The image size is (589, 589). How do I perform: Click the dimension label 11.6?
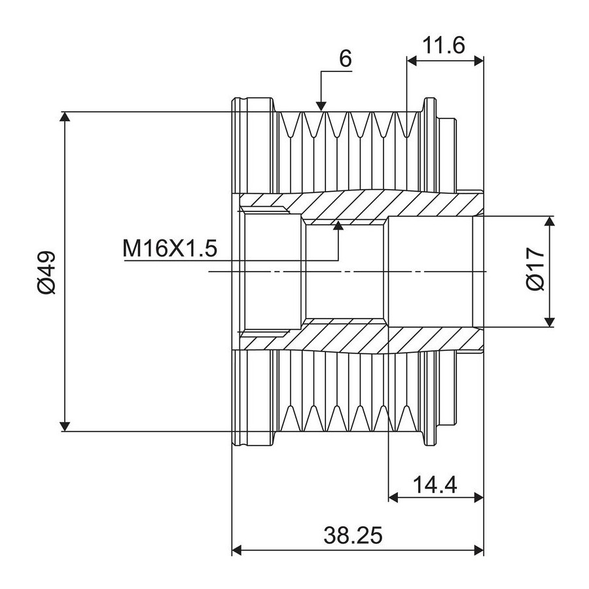pyautogui.click(x=444, y=45)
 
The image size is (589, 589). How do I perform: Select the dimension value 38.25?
pyautogui.click(x=353, y=535)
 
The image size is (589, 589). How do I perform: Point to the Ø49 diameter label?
pyautogui.click(x=46, y=272)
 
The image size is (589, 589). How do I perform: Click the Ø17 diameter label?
pyautogui.click(x=535, y=268)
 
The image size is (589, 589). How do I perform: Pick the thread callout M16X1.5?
pyautogui.click(x=170, y=248)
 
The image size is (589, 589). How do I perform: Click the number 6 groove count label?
pyautogui.click(x=345, y=59)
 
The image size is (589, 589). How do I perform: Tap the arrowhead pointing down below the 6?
pyautogui.click(x=321, y=107)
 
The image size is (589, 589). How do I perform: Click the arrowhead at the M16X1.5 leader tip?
pyautogui.click(x=338, y=225)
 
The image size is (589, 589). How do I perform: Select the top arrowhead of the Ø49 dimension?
pyautogui.click(x=65, y=117)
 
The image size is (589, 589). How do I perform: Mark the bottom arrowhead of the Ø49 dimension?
pyautogui.click(x=65, y=426)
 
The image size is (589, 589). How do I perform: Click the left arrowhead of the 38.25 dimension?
pyautogui.click(x=237, y=550)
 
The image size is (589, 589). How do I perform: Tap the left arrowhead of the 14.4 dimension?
pyautogui.click(x=393, y=498)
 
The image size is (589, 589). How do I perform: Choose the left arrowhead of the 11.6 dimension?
pyautogui.click(x=412, y=61)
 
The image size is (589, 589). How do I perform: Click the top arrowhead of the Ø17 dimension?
pyautogui.click(x=549, y=221)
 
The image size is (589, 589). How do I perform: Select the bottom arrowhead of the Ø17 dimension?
pyautogui.click(x=549, y=322)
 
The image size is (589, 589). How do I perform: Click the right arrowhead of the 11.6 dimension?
pyautogui.click(x=479, y=61)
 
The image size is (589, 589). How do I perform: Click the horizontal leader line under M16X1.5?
pyautogui.click(x=231, y=260)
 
